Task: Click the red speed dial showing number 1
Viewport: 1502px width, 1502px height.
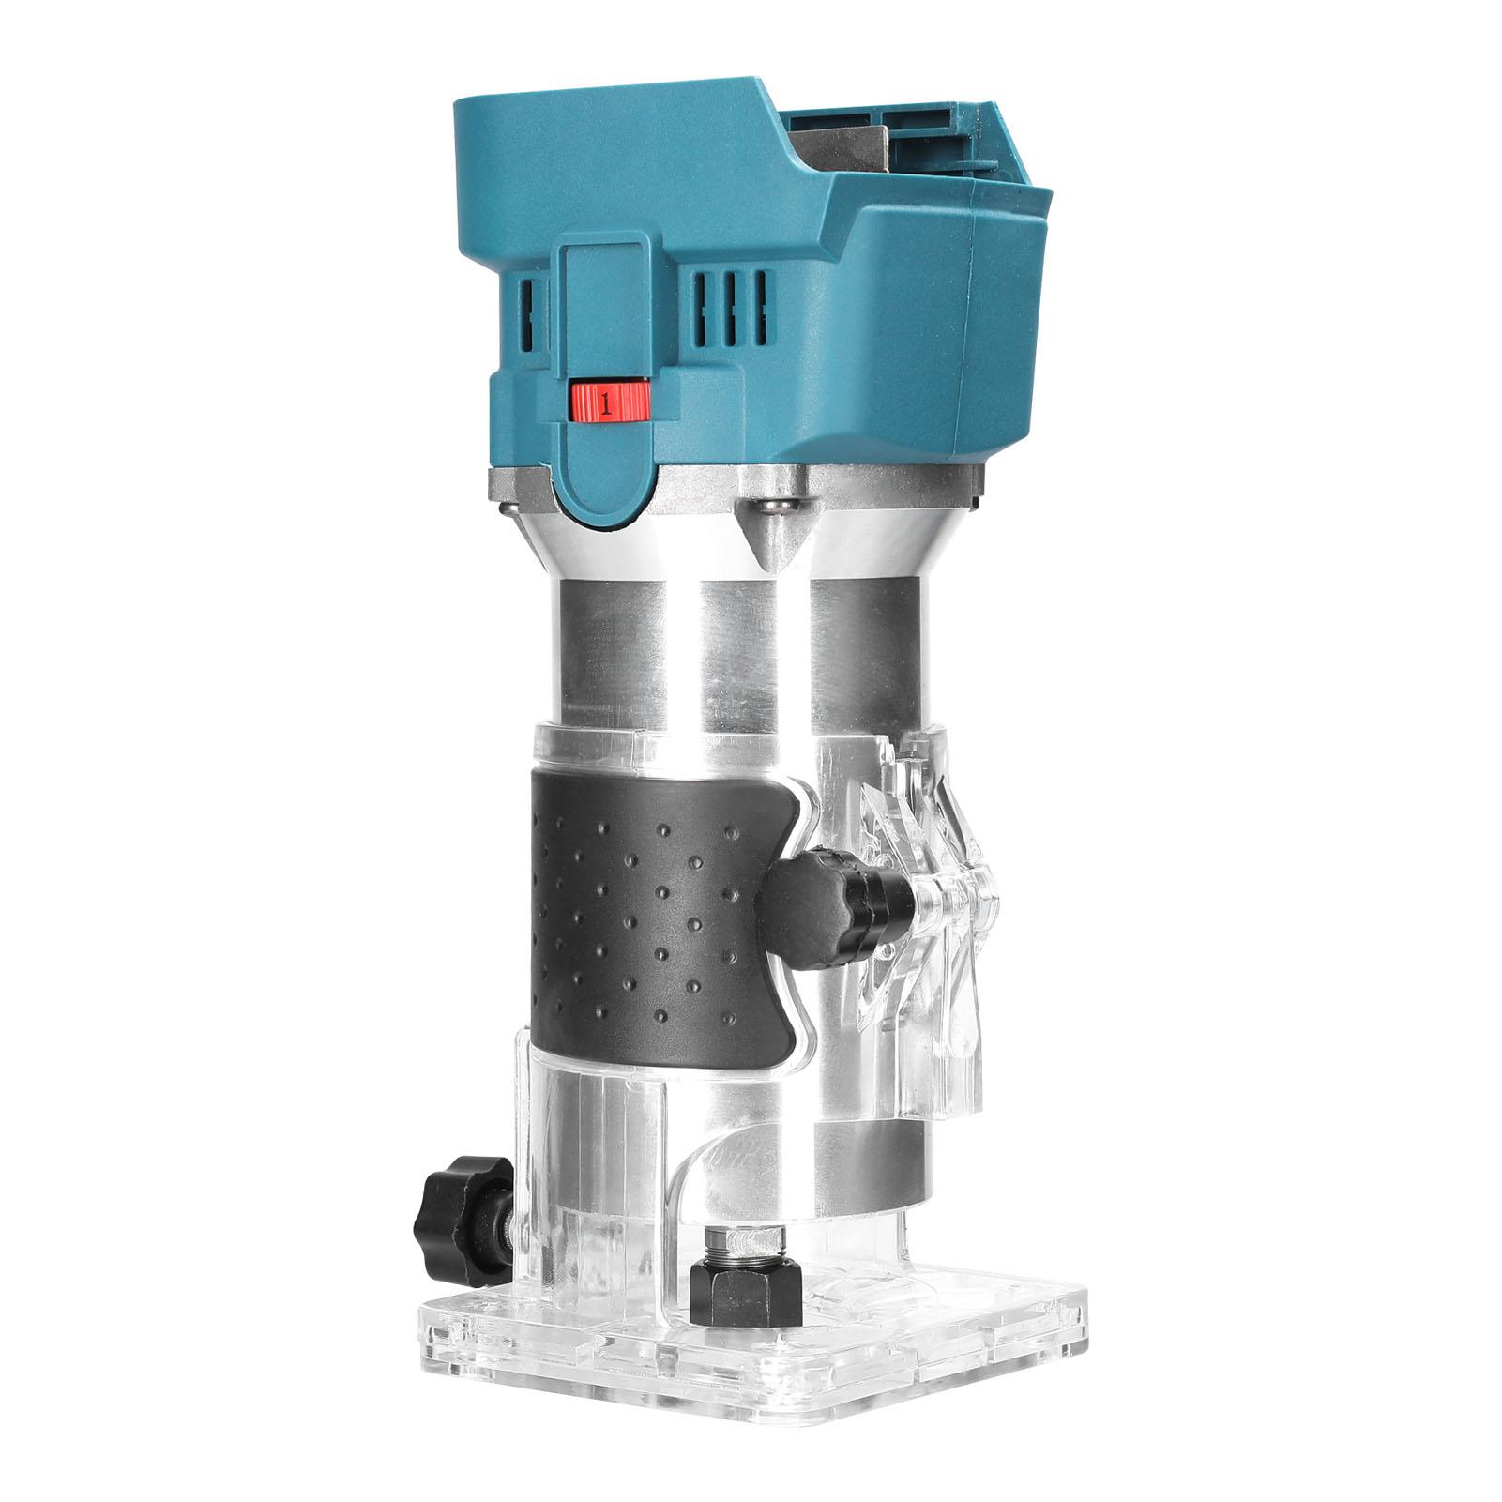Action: (610, 402)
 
